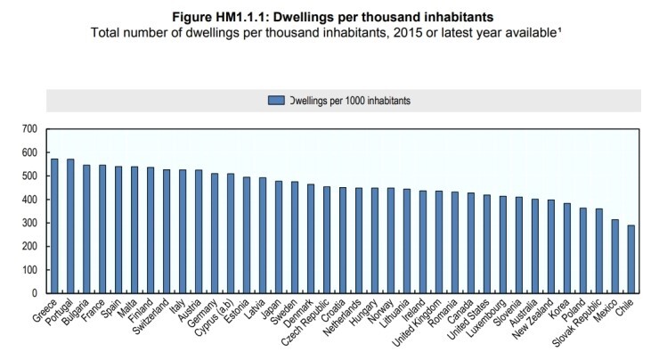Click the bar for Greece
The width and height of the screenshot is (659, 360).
pos(55,225)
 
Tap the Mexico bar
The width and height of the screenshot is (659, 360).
pos(614,256)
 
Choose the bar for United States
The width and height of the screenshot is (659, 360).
pos(486,243)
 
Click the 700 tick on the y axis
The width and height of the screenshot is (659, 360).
pos(29,129)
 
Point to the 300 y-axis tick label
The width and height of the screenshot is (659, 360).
pos(29,223)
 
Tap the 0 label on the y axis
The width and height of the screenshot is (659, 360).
pos(35,293)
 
